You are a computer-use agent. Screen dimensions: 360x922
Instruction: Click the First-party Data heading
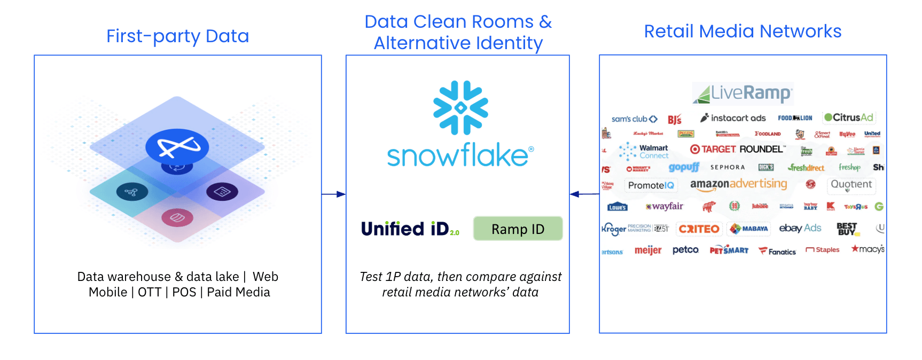pyautogui.click(x=177, y=36)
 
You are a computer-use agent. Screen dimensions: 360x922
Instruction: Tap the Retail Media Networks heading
pyautogui.click(x=743, y=32)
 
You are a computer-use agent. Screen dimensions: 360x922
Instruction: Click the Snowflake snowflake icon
pyautogui.click(x=460, y=107)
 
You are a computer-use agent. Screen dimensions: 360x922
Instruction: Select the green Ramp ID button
pyautogui.click(x=518, y=229)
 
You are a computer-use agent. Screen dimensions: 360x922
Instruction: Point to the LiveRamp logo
pyautogui.click(x=743, y=93)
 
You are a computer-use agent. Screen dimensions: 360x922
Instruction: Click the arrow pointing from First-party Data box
pyautogui.click(x=334, y=194)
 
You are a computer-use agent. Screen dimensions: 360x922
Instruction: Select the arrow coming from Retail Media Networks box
pyautogui.click(x=584, y=194)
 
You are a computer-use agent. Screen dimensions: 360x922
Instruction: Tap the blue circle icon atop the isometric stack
pyautogui.click(x=177, y=146)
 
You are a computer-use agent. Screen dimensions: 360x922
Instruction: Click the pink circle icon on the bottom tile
pyautogui.click(x=177, y=217)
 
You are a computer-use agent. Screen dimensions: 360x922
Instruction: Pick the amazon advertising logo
pyautogui.click(x=738, y=184)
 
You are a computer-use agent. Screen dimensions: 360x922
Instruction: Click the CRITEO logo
pyautogui.click(x=699, y=229)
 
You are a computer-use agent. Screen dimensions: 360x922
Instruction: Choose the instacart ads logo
pyautogui.click(x=733, y=118)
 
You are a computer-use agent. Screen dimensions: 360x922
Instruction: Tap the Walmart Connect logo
pyautogui.click(x=644, y=152)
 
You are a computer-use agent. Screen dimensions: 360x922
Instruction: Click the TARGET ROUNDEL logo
pyautogui.click(x=737, y=150)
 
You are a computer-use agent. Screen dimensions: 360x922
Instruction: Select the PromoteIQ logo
pyautogui.click(x=651, y=185)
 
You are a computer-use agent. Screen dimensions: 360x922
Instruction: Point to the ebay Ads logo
pyautogui.click(x=800, y=229)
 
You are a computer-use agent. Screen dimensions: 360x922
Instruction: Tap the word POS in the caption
pyautogui.click(x=184, y=292)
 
